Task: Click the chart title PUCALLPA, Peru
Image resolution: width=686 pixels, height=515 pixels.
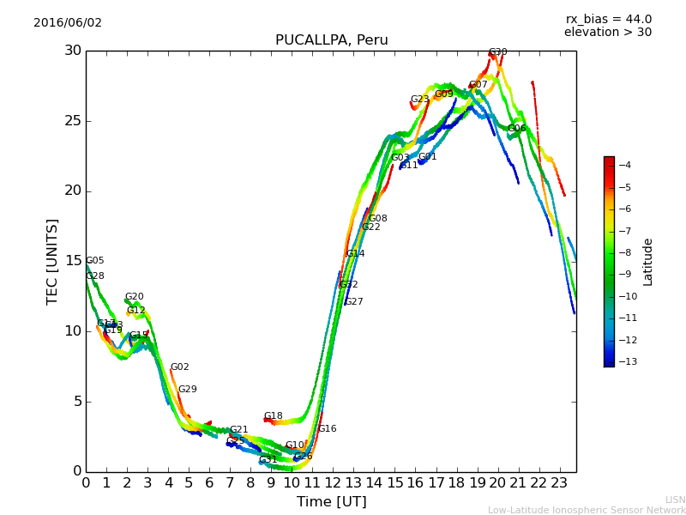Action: coord(331,40)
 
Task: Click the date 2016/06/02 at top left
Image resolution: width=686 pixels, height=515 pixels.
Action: coord(68,23)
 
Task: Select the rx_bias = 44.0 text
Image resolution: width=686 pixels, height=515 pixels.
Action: coord(608,20)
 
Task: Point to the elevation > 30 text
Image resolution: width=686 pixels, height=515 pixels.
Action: coord(607,33)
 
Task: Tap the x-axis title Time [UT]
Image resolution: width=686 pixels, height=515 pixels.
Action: coord(331,502)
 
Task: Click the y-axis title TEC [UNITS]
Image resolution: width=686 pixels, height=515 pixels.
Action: coord(52,261)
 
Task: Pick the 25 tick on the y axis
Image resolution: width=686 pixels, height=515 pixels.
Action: coord(72,121)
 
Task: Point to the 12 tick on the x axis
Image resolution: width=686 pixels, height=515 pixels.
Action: coord(333,483)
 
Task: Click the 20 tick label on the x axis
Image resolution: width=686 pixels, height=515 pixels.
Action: coord(497,483)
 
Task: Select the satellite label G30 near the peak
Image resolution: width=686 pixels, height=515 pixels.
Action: coord(497,52)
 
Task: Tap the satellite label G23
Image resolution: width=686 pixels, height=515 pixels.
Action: coord(419,100)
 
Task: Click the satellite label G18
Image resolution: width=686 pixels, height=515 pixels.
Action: coord(273,416)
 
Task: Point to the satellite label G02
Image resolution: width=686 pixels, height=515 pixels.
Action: coord(179,367)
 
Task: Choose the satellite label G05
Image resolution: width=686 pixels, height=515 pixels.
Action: coord(94,261)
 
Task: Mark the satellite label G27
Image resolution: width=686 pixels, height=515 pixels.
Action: coord(354,302)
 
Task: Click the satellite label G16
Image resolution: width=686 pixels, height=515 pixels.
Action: coord(327,429)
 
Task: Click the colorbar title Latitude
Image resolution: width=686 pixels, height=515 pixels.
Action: coord(648,262)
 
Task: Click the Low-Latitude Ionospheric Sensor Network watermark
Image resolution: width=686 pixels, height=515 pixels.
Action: coord(587,511)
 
